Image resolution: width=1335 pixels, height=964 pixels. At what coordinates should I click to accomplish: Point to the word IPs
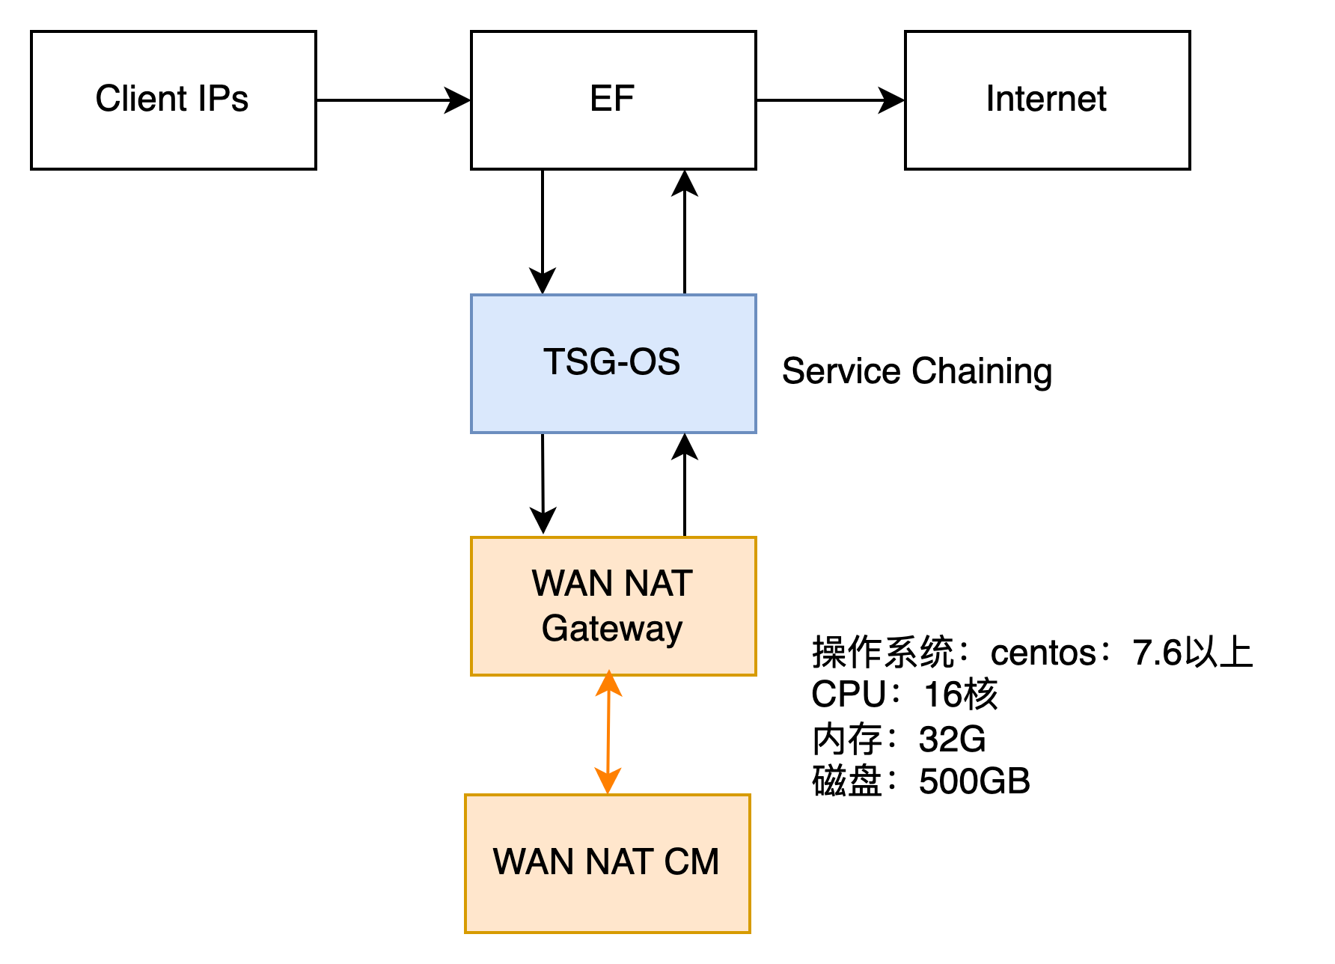tap(222, 99)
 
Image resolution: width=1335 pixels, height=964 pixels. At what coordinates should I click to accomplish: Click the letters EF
tap(612, 99)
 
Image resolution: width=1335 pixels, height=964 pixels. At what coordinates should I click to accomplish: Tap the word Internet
tap(1046, 99)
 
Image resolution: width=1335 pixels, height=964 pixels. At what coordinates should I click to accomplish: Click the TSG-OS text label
tap(611, 362)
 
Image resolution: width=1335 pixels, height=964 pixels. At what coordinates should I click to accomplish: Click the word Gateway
tap(611, 629)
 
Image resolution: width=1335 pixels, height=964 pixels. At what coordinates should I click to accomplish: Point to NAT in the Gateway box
tap(659, 584)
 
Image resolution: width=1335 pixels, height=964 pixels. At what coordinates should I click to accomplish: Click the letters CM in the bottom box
tap(691, 862)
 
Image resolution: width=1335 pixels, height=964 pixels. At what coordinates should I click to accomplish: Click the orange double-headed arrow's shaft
tap(608, 733)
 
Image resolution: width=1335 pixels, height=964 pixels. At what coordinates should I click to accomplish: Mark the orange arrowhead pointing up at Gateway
tap(609, 683)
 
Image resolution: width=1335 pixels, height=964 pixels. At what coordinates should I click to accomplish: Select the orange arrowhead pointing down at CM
tap(608, 781)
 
